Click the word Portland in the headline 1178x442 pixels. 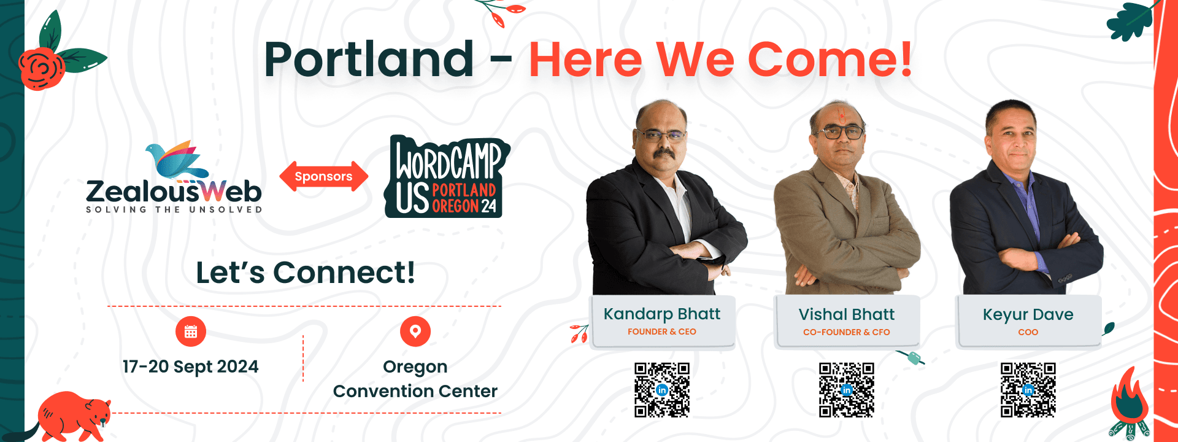click(369, 60)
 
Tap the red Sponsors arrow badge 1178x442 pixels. click(323, 177)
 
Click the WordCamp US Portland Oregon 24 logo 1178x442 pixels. click(447, 177)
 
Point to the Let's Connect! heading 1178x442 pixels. click(305, 273)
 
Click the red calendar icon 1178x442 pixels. click(191, 331)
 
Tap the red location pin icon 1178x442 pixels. click(415, 331)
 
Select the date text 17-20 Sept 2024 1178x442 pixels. click(190, 366)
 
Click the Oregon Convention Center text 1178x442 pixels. click(415, 379)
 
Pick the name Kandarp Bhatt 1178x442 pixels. click(662, 314)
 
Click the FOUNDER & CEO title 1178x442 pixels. click(662, 331)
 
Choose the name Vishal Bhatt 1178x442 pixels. click(847, 314)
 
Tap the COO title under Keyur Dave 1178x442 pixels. click(1028, 332)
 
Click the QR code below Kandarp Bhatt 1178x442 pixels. click(662, 390)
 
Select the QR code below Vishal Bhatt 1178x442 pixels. click(847, 390)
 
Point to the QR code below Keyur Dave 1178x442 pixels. click(1028, 390)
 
